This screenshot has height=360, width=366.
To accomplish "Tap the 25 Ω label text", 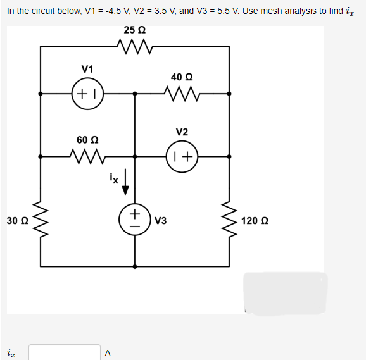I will [134, 30].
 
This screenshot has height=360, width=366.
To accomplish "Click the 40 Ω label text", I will [181, 77].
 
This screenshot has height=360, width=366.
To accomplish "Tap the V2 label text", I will [182, 132].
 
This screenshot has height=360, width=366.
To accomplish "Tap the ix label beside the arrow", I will [113, 179].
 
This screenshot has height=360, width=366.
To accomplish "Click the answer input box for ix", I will [65, 352].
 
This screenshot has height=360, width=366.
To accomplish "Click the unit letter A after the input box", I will [108, 352].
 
